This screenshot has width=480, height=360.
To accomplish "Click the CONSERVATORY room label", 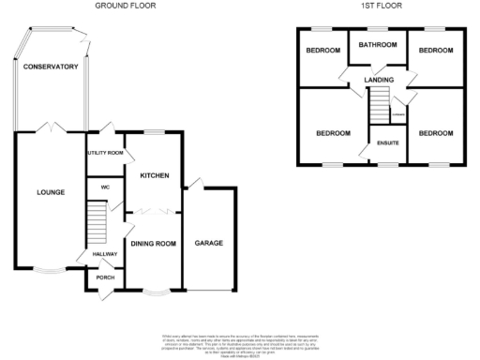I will [51, 67].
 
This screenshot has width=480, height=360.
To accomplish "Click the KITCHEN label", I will [153, 175].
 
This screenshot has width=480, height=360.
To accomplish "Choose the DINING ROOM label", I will [154, 244].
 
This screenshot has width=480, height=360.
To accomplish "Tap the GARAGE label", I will [208, 244].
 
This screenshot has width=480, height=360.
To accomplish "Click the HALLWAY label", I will [104, 254].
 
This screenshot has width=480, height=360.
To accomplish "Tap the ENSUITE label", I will [388, 142].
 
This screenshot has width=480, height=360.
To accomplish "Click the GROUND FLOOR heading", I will [126, 6].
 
